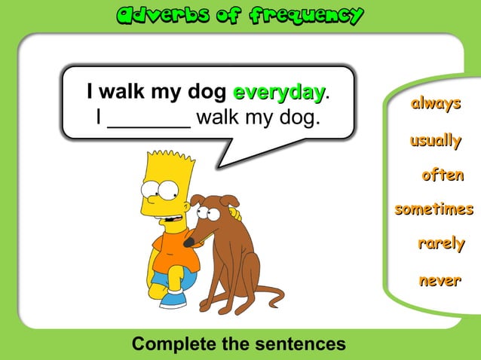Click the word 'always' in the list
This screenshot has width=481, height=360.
(x=435, y=104)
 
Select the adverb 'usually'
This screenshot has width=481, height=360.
(x=435, y=140)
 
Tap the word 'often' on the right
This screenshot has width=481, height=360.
(x=443, y=175)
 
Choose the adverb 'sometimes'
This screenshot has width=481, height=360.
(x=434, y=209)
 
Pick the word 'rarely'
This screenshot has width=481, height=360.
(x=441, y=243)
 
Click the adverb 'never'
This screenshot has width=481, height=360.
(x=440, y=280)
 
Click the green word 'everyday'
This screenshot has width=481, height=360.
(x=279, y=93)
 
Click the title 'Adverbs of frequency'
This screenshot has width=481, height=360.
(x=240, y=15)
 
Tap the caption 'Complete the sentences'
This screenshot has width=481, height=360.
(x=239, y=344)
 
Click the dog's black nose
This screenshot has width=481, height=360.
(x=189, y=242)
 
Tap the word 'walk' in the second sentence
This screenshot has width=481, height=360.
(x=218, y=117)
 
